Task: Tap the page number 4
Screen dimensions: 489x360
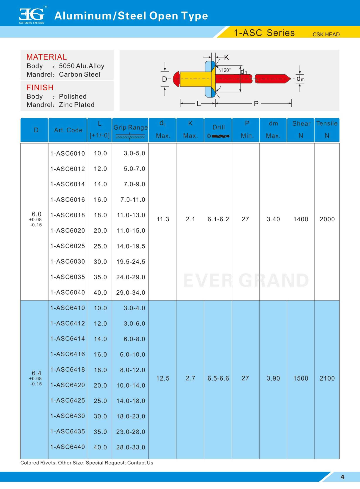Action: pos(342,477)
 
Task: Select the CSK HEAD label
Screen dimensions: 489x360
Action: pos(326,35)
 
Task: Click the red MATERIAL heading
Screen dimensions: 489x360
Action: pos(46,57)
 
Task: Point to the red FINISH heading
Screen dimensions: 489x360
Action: pos(40,87)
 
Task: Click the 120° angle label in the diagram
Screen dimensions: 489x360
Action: pos(226,70)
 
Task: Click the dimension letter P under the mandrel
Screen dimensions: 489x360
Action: pos(256,104)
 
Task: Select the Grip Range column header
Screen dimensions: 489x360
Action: pos(130,127)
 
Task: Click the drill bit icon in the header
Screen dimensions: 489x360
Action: pos(220,136)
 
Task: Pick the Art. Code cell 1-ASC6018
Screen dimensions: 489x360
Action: pos(67,215)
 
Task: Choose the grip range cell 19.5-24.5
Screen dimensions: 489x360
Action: pos(131,262)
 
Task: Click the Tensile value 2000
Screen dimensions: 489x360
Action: pos(327,219)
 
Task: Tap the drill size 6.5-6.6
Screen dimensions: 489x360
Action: pos(218,378)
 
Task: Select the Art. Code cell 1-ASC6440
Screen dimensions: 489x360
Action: pos(67,447)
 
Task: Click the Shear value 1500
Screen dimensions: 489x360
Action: pos(300,378)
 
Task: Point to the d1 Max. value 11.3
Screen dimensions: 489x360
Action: pos(163,219)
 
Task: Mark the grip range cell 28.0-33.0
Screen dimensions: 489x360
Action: pos(131,447)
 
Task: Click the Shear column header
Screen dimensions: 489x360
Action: pos(301,123)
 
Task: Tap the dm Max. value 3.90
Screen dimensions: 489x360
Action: pos(273,378)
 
